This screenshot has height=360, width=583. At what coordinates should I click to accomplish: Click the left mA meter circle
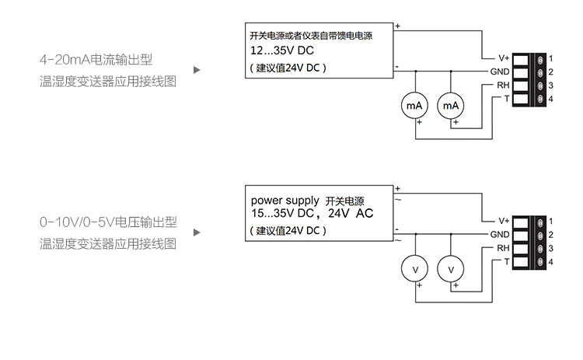coord(415,105)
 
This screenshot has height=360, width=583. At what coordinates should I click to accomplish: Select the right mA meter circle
coord(450,105)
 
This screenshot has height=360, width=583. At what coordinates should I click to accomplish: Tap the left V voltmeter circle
coord(415,268)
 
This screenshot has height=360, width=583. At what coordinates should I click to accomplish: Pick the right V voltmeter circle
coord(450,268)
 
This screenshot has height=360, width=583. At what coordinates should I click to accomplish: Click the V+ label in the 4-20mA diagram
coord(504,58)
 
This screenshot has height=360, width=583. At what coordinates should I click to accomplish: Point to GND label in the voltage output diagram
coord(500,234)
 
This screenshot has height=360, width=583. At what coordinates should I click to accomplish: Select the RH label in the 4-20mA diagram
coord(504,85)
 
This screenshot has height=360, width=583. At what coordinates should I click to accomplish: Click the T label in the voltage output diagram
coord(507,261)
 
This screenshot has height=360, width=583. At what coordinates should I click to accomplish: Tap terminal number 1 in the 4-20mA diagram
coord(550,58)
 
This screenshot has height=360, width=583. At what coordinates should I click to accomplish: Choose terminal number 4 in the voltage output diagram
coord(550,262)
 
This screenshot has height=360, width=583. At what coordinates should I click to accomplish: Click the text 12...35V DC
coord(281,51)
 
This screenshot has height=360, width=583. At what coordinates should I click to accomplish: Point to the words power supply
coord(285,200)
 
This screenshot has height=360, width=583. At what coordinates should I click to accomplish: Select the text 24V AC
coord(354,212)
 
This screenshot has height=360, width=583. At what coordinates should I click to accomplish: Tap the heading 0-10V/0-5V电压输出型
coord(108,222)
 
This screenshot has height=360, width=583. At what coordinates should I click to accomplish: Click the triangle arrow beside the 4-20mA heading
coord(197,69)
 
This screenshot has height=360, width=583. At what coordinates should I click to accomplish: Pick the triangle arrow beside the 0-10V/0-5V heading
coord(197,232)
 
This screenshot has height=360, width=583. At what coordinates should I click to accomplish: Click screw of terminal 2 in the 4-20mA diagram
coord(538,72)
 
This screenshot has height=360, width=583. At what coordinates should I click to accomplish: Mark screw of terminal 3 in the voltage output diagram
coord(538,248)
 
